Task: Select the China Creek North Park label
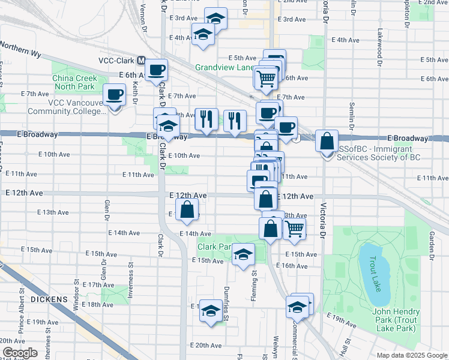pos(79,82)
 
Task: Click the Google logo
pos(20,353)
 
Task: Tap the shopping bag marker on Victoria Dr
pos(327,142)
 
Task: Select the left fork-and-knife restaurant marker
pos(206,118)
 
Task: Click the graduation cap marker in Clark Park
pos(243,254)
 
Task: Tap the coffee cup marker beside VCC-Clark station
pos(157,70)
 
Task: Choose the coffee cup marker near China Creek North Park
pos(115,94)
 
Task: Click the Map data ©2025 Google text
pos(412,355)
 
